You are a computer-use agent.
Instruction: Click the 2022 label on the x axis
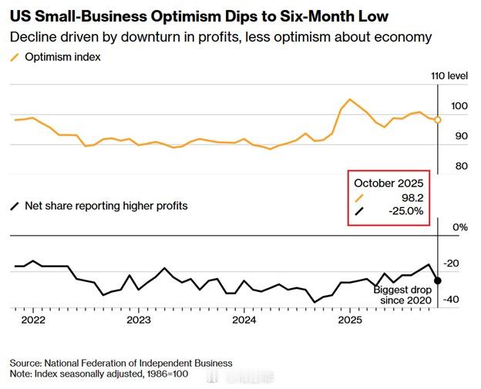tap(32, 319)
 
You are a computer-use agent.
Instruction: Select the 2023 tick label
tap(138, 319)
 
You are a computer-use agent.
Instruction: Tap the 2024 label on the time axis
tap(244, 319)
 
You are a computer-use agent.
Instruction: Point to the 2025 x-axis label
tap(349, 319)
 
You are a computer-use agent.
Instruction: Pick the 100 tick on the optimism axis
tap(459, 106)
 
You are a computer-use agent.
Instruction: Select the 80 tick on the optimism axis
tap(461, 166)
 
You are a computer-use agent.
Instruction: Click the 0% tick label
tap(460, 226)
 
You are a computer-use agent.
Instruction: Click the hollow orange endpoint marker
tap(438, 119)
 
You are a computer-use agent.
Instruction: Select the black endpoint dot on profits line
tap(438, 280)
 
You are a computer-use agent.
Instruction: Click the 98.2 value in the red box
tap(411, 197)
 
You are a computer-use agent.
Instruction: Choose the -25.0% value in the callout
tap(406, 211)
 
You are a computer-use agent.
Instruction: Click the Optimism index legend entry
tap(62, 56)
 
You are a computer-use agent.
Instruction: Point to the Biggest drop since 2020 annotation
tap(401, 294)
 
